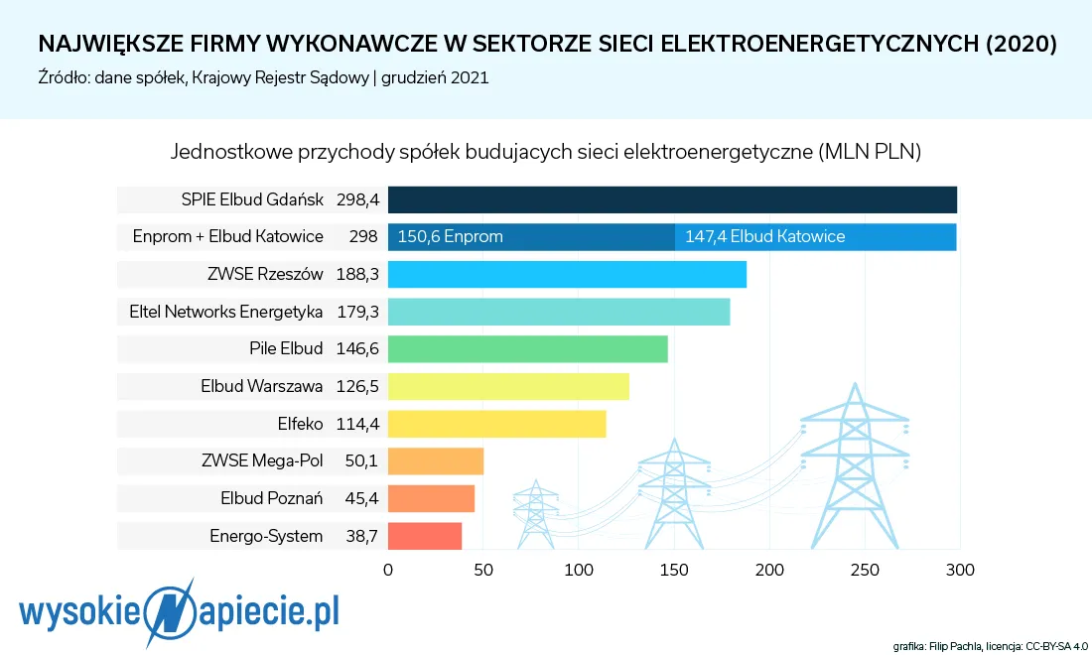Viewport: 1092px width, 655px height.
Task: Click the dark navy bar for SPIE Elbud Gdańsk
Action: pyautogui.click(x=672, y=199)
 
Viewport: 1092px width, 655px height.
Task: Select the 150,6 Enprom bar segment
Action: pyautogui.click(x=531, y=237)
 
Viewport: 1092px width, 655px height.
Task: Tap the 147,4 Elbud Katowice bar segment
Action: pyautogui.click(x=815, y=237)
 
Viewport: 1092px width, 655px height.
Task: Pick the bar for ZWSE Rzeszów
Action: pyautogui.click(x=567, y=275)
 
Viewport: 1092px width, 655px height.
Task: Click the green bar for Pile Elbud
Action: pyautogui.click(x=527, y=349)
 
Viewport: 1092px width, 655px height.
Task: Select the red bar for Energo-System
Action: pyautogui.click(x=425, y=536)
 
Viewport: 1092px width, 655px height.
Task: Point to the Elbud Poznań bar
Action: pyautogui.click(x=431, y=498)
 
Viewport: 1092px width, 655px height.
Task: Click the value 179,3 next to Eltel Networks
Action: pyautogui.click(x=357, y=312)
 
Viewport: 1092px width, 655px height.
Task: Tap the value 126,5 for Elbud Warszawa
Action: pyautogui.click(x=357, y=386)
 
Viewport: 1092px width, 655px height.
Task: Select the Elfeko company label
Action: pyautogui.click(x=301, y=424)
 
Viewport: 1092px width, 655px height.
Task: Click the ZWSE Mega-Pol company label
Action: pyautogui.click(x=262, y=461)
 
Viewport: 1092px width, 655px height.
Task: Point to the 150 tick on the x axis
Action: pyautogui.click(x=673, y=571)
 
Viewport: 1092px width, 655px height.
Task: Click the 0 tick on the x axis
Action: pyautogui.click(x=388, y=571)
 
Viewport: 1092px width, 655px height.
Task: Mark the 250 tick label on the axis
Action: pyautogui.click(x=865, y=571)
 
